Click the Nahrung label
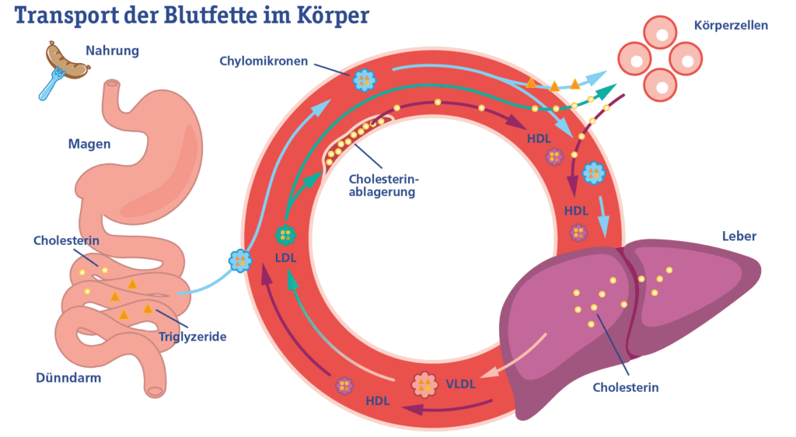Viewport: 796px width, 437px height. (x=112, y=51)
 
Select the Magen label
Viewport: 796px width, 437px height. (x=89, y=144)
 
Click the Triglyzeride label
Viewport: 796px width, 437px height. (x=192, y=337)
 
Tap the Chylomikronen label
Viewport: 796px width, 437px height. (x=264, y=61)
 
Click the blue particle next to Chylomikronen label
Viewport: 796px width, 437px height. (x=364, y=79)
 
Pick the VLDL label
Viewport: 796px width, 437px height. (x=461, y=383)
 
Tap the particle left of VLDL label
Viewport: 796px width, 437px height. (x=424, y=384)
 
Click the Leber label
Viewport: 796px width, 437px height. (x=738, y=236)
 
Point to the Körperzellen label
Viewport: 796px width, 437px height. (x=731, y=26)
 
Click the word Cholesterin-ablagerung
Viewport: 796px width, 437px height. (x=381, y=184)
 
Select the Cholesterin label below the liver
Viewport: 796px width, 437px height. (x=625, y=386)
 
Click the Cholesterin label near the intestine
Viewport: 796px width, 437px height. (x=66, y=240)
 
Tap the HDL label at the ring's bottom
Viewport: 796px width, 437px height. (x=378, y=401)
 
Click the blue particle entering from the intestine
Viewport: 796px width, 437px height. (x=240, y=260)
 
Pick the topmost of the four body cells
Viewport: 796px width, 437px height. (x=660, y=33)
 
